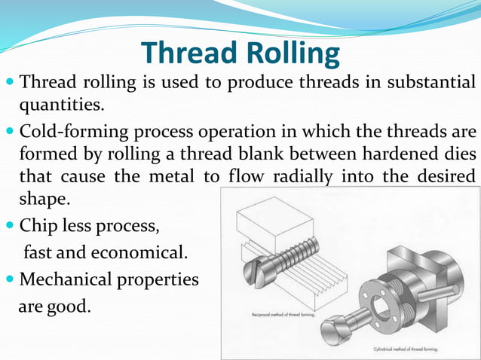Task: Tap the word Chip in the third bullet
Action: point(39,225)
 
